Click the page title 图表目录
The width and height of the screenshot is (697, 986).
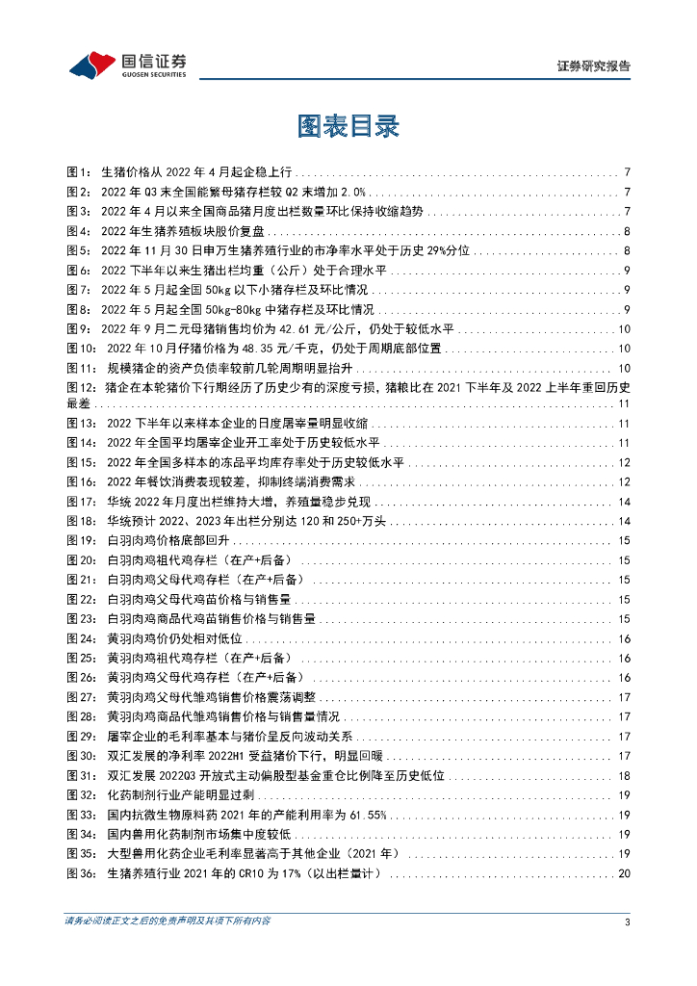pyautogui.click(x=348, y=126)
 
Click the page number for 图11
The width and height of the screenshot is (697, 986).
pyautogui.click(x=624, y=369)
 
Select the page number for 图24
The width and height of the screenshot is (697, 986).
pyautogui.click(x=624, y=639)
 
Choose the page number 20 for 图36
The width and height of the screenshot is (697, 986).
pyautogui.click(x=624, y=873)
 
